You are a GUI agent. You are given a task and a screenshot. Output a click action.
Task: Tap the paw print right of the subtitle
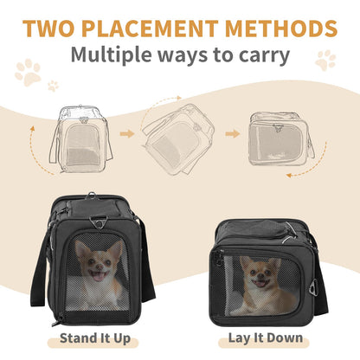(325, 60)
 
